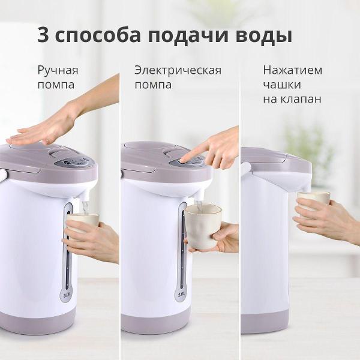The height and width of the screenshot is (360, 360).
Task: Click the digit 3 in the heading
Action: click(44, 34)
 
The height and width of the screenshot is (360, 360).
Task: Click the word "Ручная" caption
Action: click(58, 71)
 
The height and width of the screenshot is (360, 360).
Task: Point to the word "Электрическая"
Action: click(178, 70)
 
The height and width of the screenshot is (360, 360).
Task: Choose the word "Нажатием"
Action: click(292, 70)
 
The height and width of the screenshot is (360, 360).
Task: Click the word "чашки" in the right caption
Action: click(282, 85)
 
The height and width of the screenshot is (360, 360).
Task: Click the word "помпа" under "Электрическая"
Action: click(153, 85)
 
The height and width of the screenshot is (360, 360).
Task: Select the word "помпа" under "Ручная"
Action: click(56, 85)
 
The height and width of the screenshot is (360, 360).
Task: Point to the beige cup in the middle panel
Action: click(202, 225)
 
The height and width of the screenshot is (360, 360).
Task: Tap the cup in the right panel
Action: click(314, 201)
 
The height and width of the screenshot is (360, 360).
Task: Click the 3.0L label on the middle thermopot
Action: click(182, 295)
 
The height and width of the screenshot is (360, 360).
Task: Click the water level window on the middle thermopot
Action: click(182, 252)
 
